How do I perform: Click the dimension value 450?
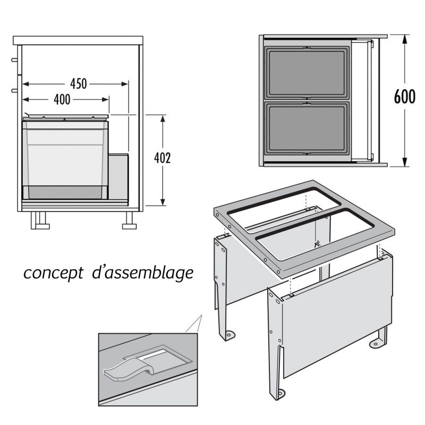click(78, 84)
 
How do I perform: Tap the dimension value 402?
click(164, 159)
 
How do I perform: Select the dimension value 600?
click(404, 99)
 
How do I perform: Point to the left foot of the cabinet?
click(39, 221)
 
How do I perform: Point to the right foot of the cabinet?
click(129, 221)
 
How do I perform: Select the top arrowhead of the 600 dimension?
click(405, 39)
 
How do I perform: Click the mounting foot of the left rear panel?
click(229, 335)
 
